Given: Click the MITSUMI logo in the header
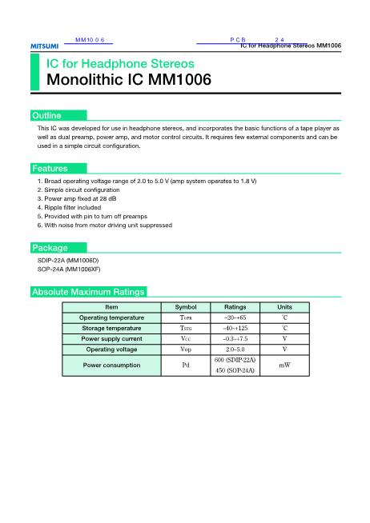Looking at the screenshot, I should (x=44, y=46).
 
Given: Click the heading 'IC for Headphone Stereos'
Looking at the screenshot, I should (x=120, y=62).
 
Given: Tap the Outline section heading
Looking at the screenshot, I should (x=46, y=116).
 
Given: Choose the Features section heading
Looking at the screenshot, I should (x=49, y=169).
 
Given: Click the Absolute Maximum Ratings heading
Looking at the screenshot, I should (x=87, y=292).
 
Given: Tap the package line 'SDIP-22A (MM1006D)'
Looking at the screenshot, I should (x=68, y=261).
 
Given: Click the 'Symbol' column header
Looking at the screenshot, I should (x=185, y=307).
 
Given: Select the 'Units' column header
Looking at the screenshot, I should (x=284, y=307).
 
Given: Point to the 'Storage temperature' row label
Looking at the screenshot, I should (x=111, y=328).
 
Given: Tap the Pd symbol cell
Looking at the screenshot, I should (x=185, y=365).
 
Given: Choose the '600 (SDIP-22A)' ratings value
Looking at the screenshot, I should (x=235, y=360).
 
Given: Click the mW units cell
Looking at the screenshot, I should (x=284, y=365).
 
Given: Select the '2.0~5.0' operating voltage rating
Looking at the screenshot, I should (x=235, y=349).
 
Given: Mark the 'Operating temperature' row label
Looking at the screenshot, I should (x=111, y=317).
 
